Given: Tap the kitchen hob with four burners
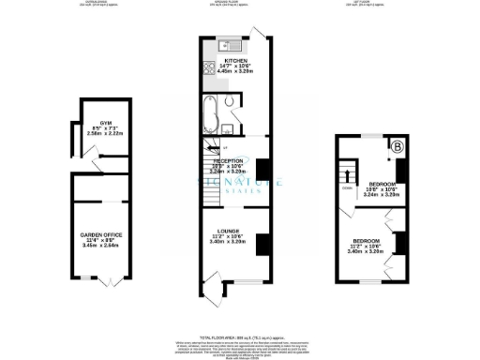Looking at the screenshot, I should [x=207, y=67].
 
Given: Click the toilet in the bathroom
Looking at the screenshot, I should [x=230, y=118].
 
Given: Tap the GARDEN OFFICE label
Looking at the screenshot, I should [x=99, y=235].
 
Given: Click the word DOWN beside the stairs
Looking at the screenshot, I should [x=346, y=187].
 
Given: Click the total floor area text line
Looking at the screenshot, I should [x=240, y=335].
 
